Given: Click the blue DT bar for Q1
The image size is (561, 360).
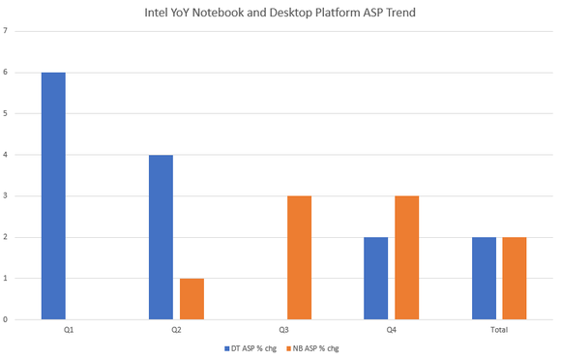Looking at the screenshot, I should tap(53, 195).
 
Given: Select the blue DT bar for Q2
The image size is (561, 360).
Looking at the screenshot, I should tap(161, 237).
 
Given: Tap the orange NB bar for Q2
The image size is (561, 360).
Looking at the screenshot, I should tap(192, 298).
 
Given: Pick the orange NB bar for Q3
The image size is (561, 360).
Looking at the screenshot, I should tap(299, 257).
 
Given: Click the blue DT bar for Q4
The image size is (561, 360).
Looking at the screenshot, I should tap(375, 278).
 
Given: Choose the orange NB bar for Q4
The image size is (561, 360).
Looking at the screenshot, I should tap(406, 257).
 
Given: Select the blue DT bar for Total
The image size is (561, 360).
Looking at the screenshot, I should tap(484, 278).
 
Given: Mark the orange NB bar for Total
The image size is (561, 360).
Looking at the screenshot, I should tap(514, 278).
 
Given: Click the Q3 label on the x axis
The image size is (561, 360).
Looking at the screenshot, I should tap(284, 330).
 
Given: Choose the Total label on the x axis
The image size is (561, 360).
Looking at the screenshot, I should tap(499, 330).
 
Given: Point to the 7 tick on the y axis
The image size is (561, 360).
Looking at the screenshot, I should tap(6, 30).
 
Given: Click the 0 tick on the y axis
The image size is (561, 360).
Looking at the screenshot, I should tap(6, 319).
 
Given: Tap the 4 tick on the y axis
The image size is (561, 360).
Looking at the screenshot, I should tap(6, 155).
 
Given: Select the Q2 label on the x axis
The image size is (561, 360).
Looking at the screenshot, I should tap(176, 330).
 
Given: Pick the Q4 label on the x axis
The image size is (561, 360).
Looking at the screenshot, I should tap(391, 330).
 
